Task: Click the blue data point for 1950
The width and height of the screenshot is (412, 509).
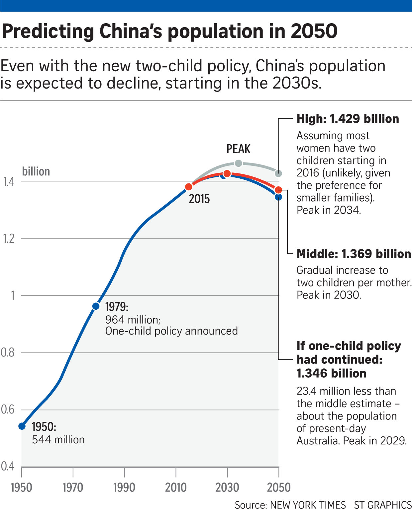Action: tap(22, 426)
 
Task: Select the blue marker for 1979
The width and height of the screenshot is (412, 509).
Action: tap(96, 306)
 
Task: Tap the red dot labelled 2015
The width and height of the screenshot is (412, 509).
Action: tap(189, 187)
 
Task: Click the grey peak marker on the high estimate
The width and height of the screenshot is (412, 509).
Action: tap(238, 163)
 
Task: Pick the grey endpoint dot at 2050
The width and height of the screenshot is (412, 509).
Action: tap(279, 173)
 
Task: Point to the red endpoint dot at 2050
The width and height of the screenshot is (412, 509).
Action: tap(278, 190)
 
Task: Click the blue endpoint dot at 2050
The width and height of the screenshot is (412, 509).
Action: tap(278, 197)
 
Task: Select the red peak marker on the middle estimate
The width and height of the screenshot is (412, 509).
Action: tap(227, 174)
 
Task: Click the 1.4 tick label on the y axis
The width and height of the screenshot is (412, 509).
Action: tap(9, 182)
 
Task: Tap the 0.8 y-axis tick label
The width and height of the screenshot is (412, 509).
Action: tap(8, 352)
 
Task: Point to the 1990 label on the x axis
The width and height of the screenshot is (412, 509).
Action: tap(124, 487)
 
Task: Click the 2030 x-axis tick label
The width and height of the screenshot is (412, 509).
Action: tap(227, 487)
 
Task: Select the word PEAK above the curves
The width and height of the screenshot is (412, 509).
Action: tap(238, 149)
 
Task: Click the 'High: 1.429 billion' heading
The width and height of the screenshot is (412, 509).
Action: tap(348, 119)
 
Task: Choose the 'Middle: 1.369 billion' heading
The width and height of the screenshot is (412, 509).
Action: tap(354, 254)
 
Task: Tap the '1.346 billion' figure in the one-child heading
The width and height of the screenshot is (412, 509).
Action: tap(331, 373)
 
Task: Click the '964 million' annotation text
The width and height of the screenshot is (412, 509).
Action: tap(133, 320)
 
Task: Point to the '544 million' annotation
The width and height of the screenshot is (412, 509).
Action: tap(58, 440)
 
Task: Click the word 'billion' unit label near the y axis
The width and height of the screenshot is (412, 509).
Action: tap(36, 171)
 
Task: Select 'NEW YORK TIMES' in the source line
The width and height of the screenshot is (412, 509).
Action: tap(308, 504)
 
